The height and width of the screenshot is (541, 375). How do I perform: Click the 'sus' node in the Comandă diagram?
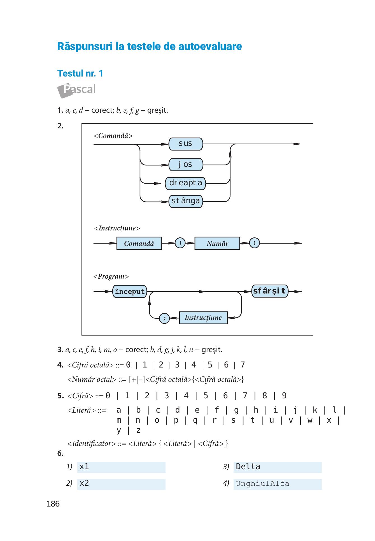click(186, 144)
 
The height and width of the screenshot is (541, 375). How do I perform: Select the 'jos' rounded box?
click(186, 165)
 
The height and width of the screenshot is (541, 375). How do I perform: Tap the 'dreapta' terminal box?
click(185, 183)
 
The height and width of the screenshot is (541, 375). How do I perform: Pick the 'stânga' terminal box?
click(186, 201)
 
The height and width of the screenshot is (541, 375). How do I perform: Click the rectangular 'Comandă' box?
click(139, 243)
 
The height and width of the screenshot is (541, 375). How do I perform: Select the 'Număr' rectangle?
click(217, 243)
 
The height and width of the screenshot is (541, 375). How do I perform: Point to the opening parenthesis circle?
click(180, 243)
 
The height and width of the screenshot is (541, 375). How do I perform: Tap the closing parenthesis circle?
click(254, 243)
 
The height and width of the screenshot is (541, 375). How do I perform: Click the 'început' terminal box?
click(130, 292)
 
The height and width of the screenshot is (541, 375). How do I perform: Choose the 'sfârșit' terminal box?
click(270, 291)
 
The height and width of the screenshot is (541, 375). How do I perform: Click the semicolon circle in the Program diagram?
click(164, 318)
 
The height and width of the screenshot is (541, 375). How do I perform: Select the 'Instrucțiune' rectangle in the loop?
click(203, 318)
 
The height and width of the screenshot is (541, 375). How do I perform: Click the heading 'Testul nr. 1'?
click(80, 73)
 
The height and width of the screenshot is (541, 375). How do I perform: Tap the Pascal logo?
click(76, 90)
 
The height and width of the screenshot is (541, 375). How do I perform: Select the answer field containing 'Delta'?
click(278, 467)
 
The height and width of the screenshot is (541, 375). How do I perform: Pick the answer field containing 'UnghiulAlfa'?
click(278, 484)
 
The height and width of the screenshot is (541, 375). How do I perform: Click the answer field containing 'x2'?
click(121, 484)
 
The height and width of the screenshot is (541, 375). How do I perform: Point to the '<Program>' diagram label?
click(111, 277)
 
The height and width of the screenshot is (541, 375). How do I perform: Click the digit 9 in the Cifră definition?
click(284, 396)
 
